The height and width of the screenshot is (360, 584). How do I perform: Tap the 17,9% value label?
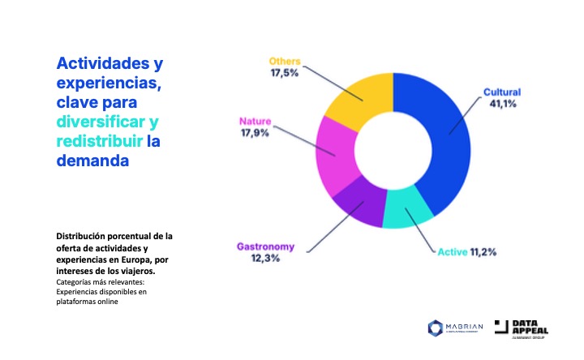(255, 135)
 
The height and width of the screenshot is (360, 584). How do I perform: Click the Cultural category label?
(502, 92)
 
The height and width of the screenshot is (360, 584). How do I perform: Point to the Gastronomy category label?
(265, 246)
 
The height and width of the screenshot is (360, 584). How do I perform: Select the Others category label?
(285, 60)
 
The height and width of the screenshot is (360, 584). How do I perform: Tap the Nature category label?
(255, 122)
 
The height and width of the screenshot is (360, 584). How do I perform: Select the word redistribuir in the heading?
(97, 141)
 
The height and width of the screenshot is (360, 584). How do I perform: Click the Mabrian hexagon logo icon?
(433, 328)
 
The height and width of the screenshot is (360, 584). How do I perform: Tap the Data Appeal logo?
(526, 328)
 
